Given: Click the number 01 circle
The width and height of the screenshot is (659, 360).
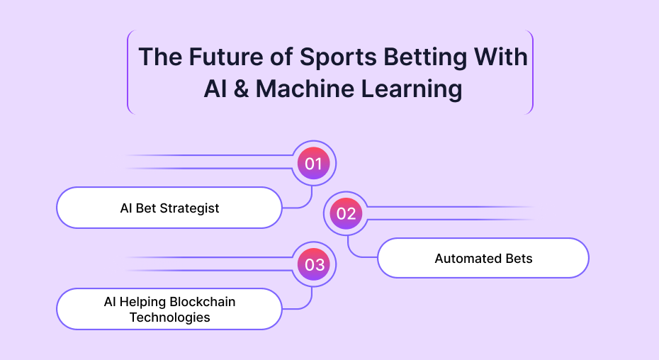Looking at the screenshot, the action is (x=313, y=163).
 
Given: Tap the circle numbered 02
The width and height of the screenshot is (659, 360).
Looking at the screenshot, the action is (x=346, y=213).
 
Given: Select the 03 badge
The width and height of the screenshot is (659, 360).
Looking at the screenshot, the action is (x=313, y=264).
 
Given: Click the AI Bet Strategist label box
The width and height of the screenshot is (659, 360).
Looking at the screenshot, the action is (x=169, y=208).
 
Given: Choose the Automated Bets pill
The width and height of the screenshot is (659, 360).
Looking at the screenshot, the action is (x=483, y=258).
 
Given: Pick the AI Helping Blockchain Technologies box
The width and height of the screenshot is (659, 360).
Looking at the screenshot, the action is (x=169, y=309).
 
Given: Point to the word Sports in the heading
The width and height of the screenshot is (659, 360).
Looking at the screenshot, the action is (x=338, y=57).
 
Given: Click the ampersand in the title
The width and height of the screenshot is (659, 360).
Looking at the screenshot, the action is (x=241, y=89).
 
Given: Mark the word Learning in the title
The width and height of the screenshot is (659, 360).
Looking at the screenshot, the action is (x=412, y=90).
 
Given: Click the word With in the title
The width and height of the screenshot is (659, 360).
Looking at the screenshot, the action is (x=500, y=57).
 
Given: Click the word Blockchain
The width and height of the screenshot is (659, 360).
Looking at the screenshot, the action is (x=203, y=302).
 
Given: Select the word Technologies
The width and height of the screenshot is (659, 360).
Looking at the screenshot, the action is (x=170, y=317).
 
